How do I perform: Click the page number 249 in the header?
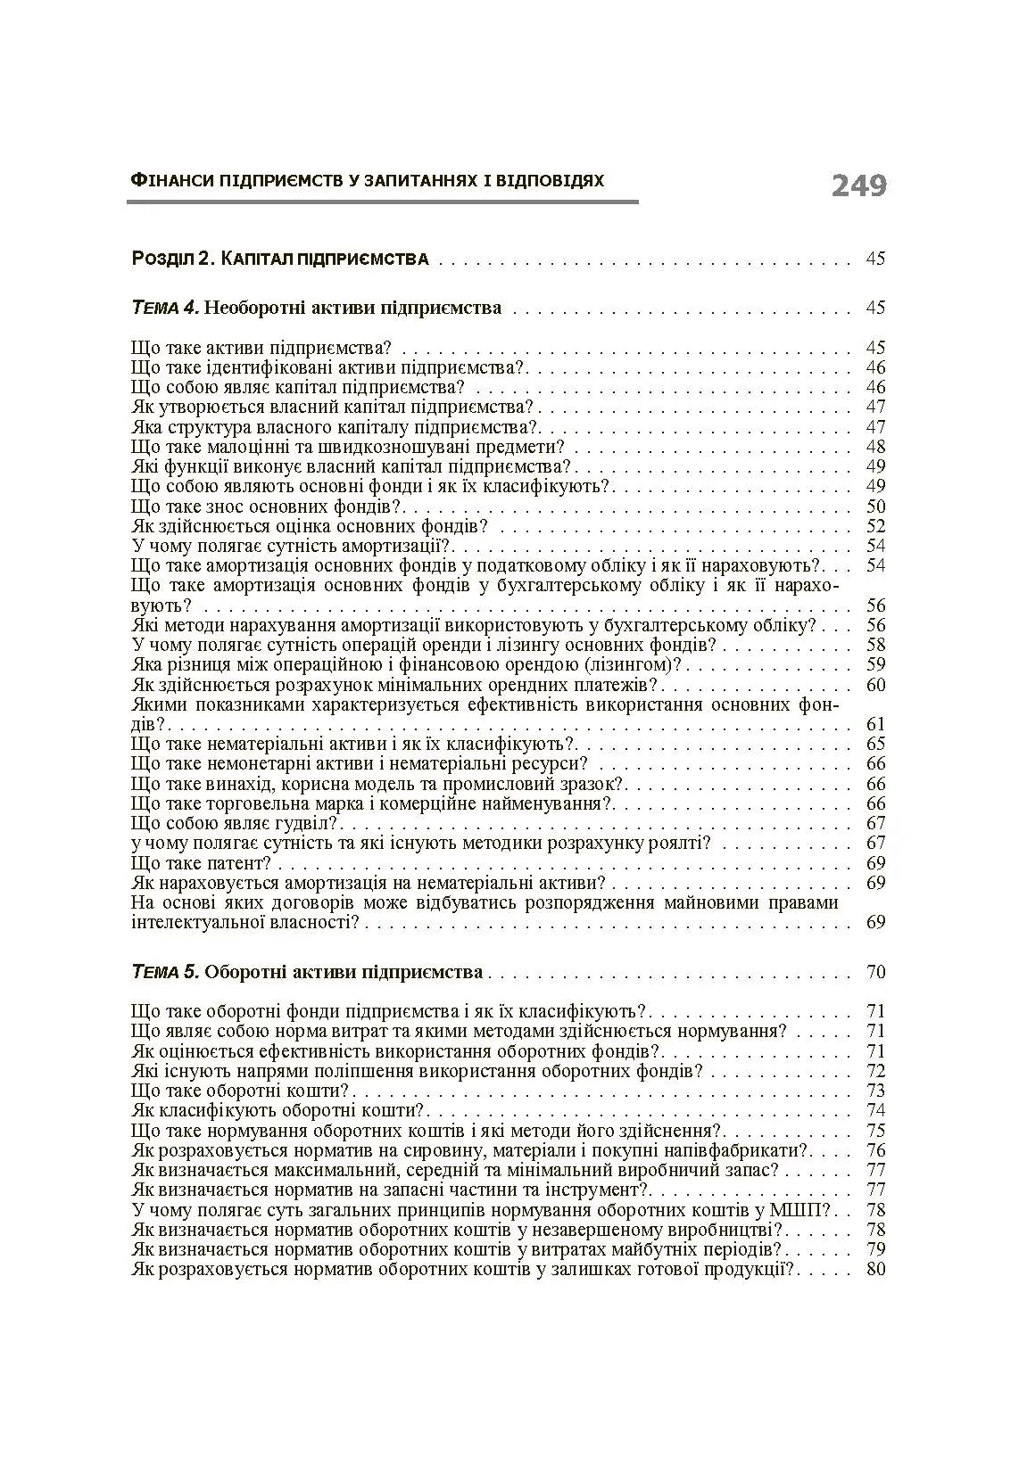pos(858,185)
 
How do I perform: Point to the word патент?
pos(236,863)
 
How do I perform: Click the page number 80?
pos(875,1268)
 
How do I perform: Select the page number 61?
pos(875,724)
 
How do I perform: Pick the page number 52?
pos(875,526)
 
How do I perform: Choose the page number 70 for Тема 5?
pos(875,972)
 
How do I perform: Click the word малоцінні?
pos(242,447)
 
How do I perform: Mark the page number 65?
pos(875,744)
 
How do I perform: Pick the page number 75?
pos(875,1131)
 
